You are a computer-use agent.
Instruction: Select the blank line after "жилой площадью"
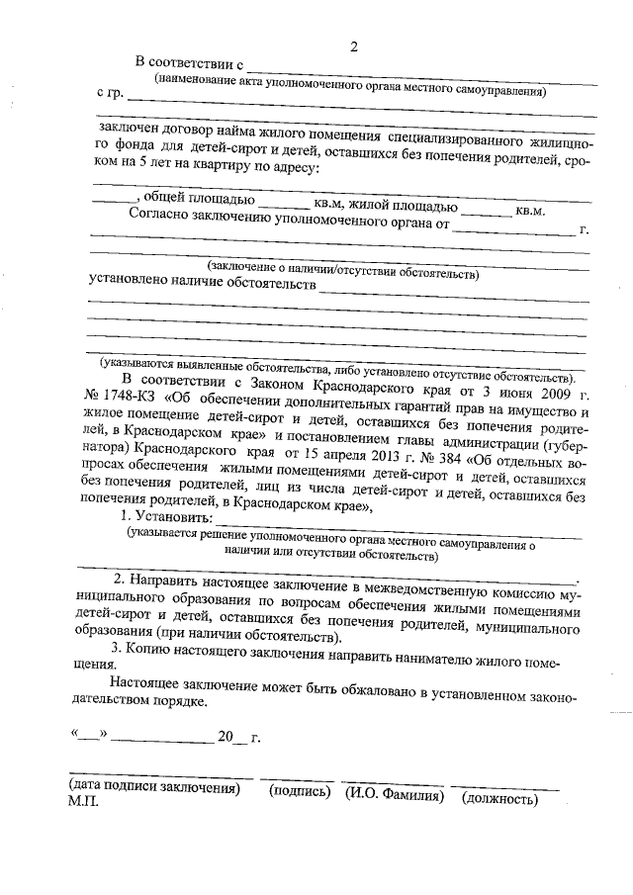(x=487, y=210)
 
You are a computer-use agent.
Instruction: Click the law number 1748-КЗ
(x=122, y=398)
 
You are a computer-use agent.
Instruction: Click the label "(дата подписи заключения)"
(x=154, y=792)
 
